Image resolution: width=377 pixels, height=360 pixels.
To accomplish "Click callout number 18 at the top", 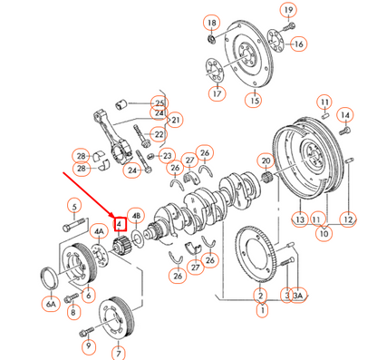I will pos(210,22).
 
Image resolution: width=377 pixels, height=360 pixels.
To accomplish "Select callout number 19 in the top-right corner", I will pos(289,11).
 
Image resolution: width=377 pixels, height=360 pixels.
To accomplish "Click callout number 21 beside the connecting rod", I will pos(175,120).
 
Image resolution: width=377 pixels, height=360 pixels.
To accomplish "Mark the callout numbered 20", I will pos(266,162).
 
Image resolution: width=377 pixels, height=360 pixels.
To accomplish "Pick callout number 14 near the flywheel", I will pos(343,115).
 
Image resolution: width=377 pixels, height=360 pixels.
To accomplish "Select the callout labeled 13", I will pos(298,219).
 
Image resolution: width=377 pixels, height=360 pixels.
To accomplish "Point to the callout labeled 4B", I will pos(136,215).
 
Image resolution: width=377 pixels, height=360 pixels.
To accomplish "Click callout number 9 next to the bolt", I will pos(88,345).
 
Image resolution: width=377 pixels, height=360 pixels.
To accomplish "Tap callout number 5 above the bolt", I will pos(71,204).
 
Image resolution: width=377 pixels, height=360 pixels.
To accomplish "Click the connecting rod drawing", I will pos(127,136).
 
